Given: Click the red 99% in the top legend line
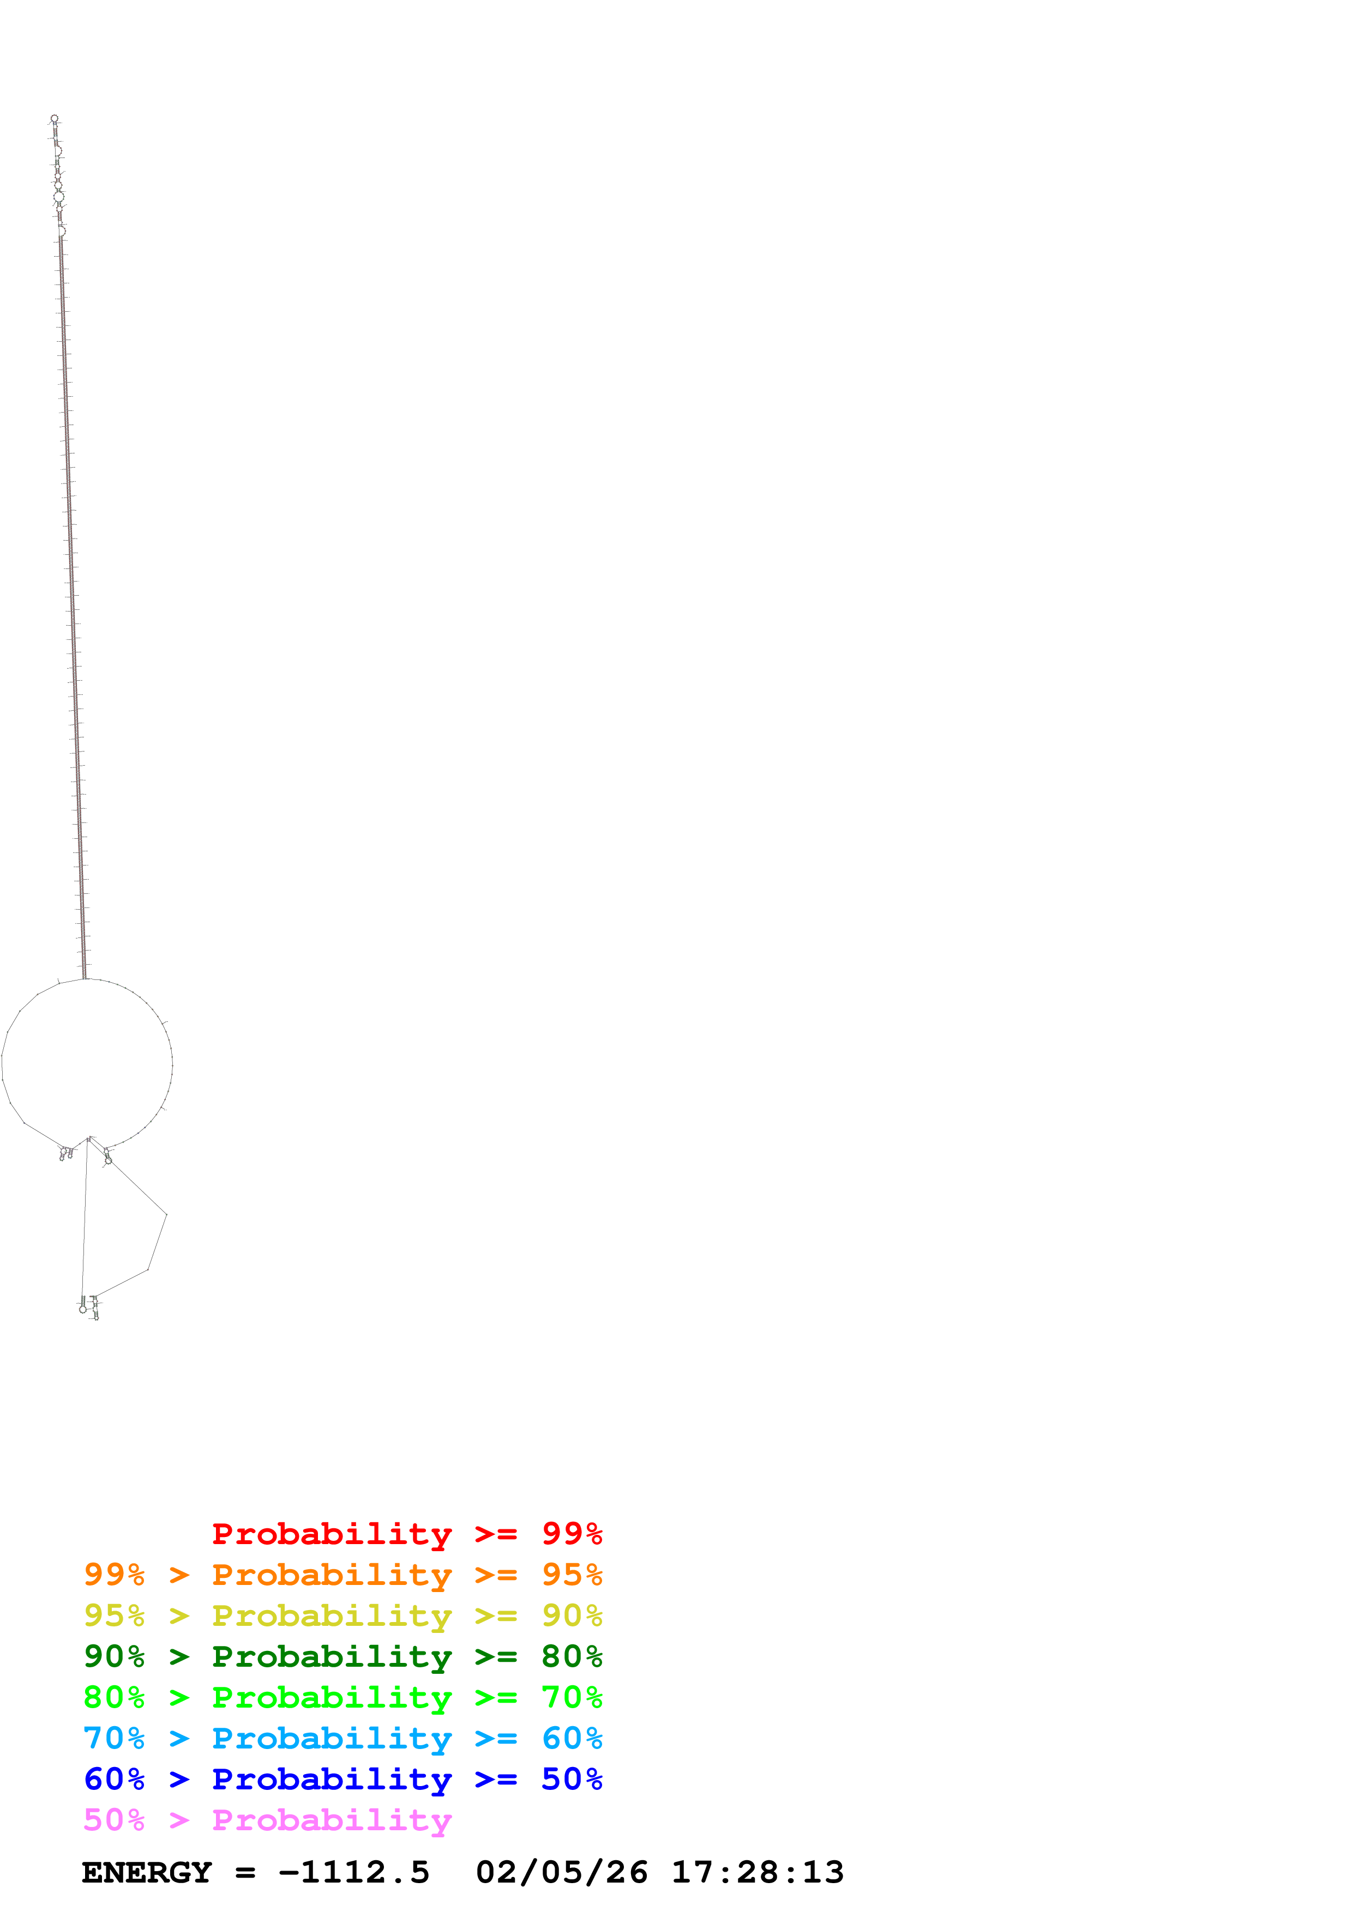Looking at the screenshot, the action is click(x=572, y=1533).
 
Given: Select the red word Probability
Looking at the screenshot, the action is click(x=332, y=1533).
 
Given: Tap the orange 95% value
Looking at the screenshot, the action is click(x=572, y=1575).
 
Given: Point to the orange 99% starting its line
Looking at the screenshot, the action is click(x=114, y=1575).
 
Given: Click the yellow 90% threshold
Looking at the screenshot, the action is click(x=572, y=1615).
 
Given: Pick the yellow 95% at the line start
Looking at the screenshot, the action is click(x=114, y=1615).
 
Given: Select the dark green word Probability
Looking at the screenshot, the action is click(x=332, y=1656).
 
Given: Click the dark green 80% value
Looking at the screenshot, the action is click(x=572, y=1656).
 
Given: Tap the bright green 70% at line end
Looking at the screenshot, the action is click(x=572, y=1697).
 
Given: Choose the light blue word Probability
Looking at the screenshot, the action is click(x=332, y=1738).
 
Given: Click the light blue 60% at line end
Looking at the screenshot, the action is click(x=572, y=1738).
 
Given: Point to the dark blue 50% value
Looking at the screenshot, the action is click(x=572, y=1779).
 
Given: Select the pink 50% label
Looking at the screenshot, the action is click(x=114, y=1819).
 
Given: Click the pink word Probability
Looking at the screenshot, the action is click(x=332, y=1819).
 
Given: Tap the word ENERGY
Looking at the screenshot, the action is click(x=147, y=1873).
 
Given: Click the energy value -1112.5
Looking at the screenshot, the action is click(x=354, y=1873).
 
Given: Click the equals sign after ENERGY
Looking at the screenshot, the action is click(x=245, y=1873).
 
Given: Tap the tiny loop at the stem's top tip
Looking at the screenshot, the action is click(x=54, y=118).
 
